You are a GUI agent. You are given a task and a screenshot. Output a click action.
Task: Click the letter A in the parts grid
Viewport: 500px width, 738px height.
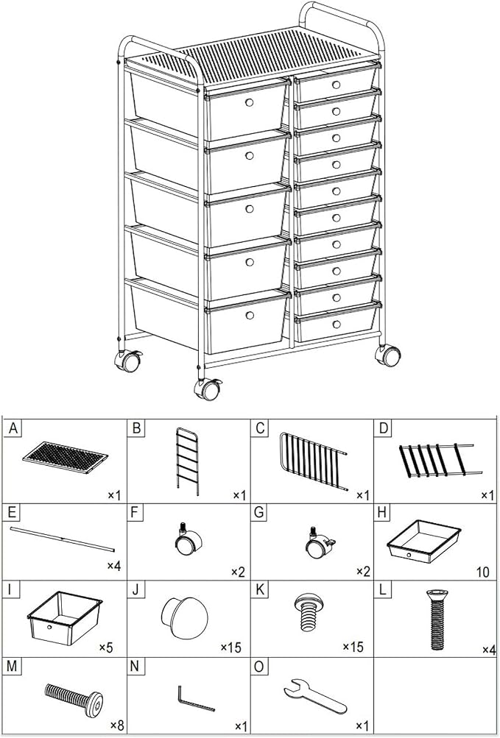click(13, 429)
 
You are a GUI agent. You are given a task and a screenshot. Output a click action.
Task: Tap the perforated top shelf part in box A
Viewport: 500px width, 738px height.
click(65, 457)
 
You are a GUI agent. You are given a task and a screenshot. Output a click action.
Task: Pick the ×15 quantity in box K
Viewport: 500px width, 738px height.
click(353, 647)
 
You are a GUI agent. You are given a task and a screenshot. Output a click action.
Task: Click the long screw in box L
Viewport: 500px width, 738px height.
click(437, 620)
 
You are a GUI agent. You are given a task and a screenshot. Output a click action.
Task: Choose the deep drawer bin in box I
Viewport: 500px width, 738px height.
click(65, 617)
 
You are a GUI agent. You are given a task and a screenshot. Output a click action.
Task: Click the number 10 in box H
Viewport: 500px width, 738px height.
click(483, 572)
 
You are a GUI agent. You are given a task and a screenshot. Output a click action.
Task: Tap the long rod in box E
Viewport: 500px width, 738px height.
click(62, 539)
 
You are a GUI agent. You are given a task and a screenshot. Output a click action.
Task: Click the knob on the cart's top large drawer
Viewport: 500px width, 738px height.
click(250, 102)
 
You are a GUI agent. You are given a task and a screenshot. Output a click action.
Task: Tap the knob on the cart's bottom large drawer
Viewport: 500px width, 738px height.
click(250, 315)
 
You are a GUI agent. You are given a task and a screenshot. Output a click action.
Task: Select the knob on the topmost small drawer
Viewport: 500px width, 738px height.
click(336, 85)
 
